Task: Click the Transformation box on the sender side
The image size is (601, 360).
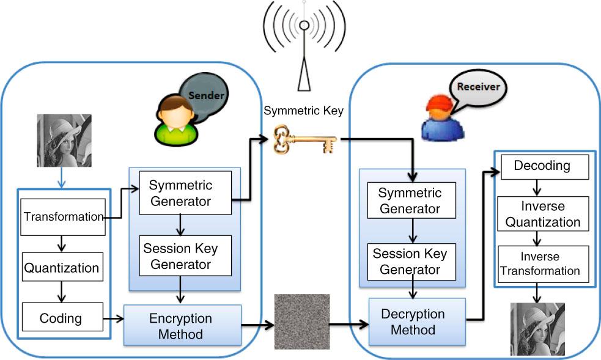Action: click(x=63, y=217)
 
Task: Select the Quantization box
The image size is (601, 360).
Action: click(x=61, y=268)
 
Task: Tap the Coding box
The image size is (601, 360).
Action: click(x=61, y=318)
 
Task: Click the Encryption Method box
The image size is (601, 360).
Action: click(x=181, y=326)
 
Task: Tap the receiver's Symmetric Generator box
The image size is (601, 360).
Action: click(x=410, y=201)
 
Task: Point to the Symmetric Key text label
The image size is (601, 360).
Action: click(x=304, y=111)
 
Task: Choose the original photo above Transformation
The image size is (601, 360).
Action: click(x=64, y=141)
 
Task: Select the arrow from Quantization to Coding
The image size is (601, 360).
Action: click(x=61, y=292)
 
